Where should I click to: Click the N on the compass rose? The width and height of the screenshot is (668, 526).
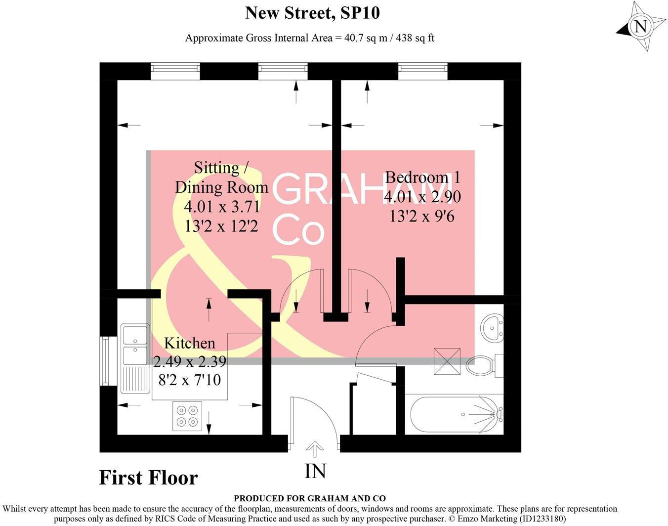640,26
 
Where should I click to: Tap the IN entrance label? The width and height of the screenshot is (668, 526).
315,471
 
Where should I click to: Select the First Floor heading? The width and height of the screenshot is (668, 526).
148,478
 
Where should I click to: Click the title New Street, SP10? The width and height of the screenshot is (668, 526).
312,13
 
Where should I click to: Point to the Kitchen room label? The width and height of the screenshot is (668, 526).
189,343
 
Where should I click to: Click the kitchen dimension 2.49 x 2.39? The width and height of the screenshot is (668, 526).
190,362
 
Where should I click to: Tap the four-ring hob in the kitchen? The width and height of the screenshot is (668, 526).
187,416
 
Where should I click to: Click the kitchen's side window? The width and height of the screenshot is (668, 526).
104,361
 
